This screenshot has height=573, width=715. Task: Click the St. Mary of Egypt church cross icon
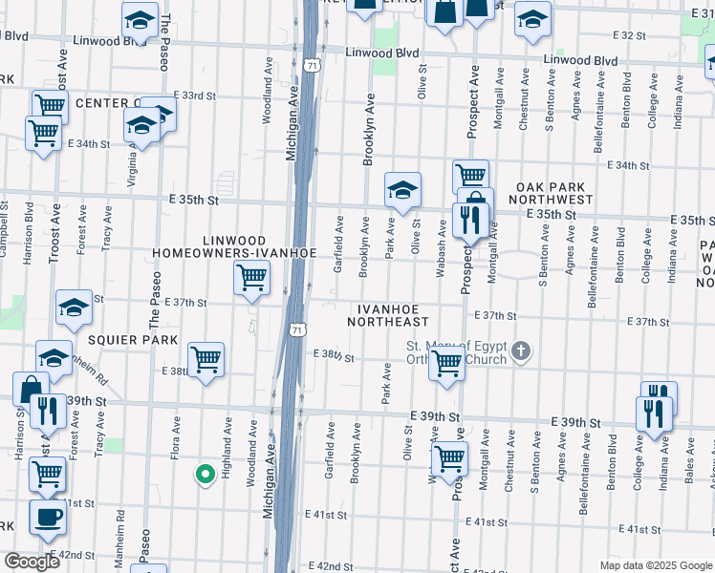[520, 351]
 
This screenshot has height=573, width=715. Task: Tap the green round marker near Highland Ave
[204, 473]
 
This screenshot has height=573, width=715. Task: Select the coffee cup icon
[47, 517]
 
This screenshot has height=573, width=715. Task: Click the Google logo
[31, 562]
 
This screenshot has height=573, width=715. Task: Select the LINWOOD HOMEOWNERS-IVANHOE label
[233, 245]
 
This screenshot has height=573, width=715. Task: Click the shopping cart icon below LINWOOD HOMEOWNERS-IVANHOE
[251, 278]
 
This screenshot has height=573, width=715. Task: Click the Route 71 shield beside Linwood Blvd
[312, 65]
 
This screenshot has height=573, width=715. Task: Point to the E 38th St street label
[336, 358]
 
